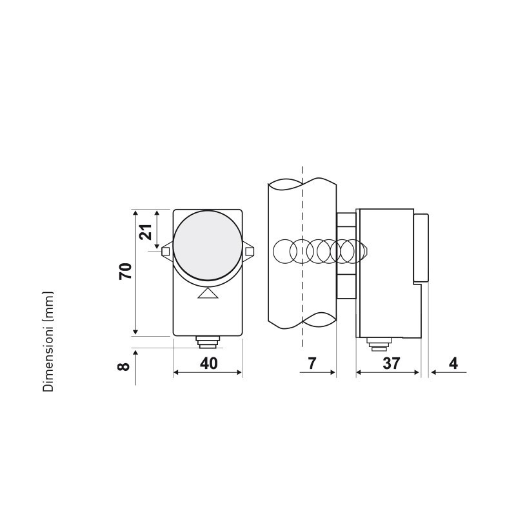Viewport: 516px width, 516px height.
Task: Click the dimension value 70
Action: pos(126,271)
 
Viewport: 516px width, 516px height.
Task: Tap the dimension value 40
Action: pos(208,363)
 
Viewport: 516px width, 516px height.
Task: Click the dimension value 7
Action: pos(311,363)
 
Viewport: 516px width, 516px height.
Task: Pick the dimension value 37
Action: pos(390,363)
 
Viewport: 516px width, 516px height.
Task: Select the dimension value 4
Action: pos(453,363)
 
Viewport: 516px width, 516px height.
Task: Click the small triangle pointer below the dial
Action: pos(207,294)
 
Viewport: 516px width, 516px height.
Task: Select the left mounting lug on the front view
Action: pos(166,251)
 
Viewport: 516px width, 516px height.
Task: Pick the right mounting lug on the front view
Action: pos(249,251)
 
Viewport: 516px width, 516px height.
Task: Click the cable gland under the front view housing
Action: pos(207,341)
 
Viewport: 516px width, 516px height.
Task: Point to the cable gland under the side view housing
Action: pos(375,344)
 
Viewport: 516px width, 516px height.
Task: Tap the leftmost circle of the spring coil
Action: pos(284,251)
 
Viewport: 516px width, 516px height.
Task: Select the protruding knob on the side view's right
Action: pos(421,248)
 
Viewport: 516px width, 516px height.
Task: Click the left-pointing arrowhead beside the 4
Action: pos(433,372)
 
